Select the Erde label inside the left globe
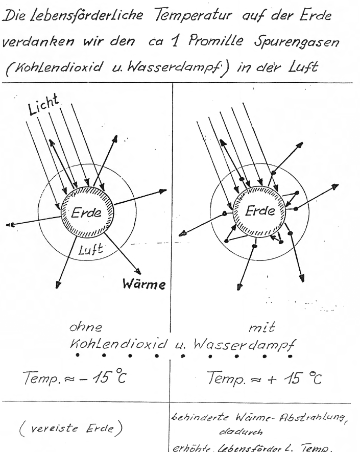tap(85, 213)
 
